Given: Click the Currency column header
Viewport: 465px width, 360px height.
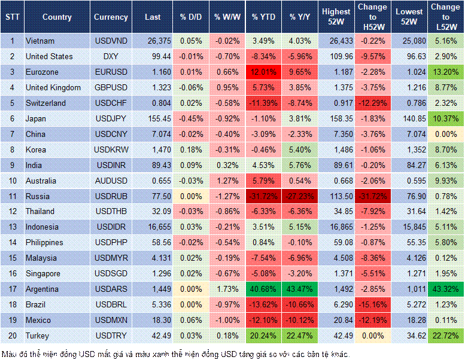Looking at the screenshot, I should [111, 17].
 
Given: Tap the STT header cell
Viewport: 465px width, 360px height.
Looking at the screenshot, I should [11, 17].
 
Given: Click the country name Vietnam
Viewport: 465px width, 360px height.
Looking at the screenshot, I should [39, 41].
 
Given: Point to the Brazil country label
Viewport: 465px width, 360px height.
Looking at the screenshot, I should [37, 304].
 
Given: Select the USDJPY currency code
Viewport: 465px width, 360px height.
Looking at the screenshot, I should [111, 118].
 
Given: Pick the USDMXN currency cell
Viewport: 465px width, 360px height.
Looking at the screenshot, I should [111, 320].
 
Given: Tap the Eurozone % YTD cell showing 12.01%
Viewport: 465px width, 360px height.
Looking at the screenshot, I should [263, 72].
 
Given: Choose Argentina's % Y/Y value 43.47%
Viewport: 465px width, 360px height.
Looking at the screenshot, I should [300, 289].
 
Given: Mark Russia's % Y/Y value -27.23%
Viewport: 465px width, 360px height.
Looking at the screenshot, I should [300, 196].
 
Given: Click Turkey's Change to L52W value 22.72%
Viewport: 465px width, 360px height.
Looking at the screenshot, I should [445, 335].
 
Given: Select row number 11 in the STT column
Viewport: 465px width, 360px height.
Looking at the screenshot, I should [11, 196].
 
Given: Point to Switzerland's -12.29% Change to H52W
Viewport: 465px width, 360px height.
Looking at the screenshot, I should [373, 103].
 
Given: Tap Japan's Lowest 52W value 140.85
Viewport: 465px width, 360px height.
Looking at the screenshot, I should [410, 118].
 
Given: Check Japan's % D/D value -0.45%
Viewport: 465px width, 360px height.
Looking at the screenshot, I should [190, 118].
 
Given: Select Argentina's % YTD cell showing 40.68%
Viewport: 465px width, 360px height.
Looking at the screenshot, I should [263, 289].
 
